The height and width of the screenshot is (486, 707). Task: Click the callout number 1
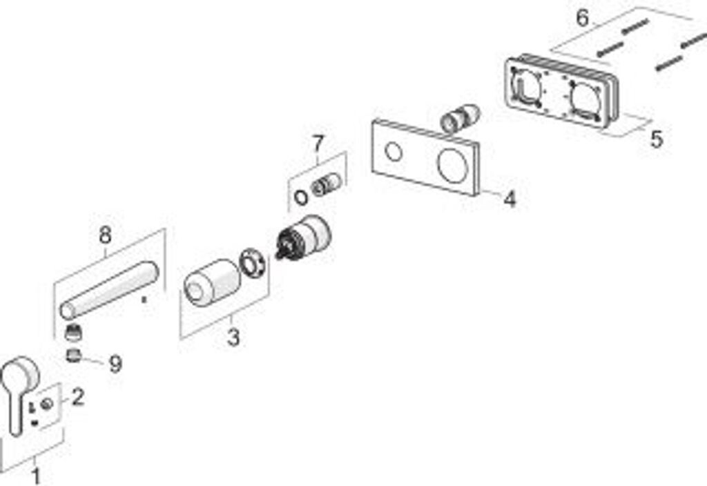click(x=36, y=476)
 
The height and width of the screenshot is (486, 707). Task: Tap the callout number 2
click(x=78, y=397)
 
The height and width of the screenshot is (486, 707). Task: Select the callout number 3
click(x=233, y=338)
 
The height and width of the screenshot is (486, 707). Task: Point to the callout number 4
click(x=510, y=199)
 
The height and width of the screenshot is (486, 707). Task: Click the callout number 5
click(x=656, y=139)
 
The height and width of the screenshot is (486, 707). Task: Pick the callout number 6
click(x=583, y=17)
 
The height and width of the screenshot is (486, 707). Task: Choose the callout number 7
click(x=317, y=144)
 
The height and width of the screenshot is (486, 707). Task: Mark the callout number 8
click(x=105, y=235)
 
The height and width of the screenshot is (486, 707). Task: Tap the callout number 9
click(x=115, y=364)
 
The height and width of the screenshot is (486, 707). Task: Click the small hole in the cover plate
click(x=394, y=152)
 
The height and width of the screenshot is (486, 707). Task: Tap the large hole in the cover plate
click(x=453, y=166)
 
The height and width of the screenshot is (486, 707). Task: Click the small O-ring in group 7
click(x=300, y=196)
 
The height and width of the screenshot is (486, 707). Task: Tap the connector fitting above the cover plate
click(x=460, y=118)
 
